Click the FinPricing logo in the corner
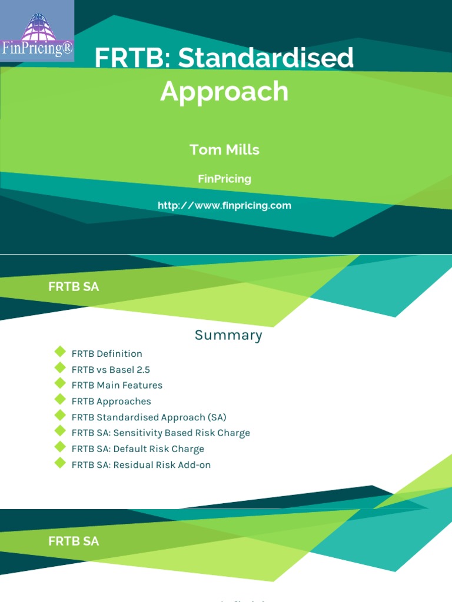[x=37, y=31]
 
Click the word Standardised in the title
[x=266, y=58]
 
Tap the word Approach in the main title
[x=224, y=91]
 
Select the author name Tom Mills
[x=224, y=150]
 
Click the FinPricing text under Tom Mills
[x=224, y=179]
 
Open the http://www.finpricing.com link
[x=224, y=206]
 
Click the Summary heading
[x=228, y=336]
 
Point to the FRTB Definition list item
[x=107, y=354]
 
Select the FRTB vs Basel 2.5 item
[x=111, y=370]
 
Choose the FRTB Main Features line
[x=117, y=386]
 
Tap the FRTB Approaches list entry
[x=111, y=402]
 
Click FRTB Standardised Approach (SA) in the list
[x=149, y=417]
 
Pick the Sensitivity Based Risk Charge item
[x=161, y=433]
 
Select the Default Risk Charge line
[x=138, y=449]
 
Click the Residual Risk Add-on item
[x=141, y=465]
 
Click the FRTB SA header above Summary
[x=74, y=287]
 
